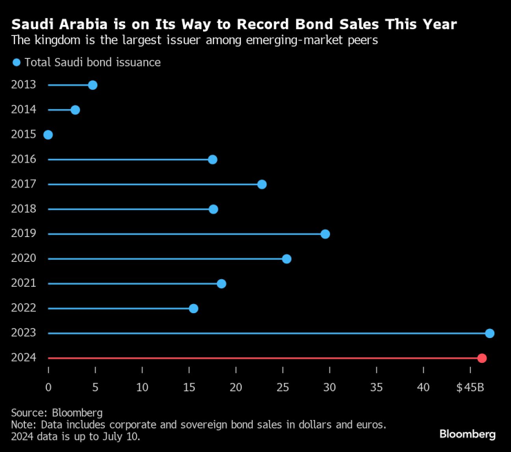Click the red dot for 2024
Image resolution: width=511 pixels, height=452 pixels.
(x=482, y=358)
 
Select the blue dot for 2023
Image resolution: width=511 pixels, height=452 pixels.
(x=490, y=333)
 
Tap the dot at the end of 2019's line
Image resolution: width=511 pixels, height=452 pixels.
(x=325, y=234)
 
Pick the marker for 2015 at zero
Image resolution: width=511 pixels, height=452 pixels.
(x=48, y=135)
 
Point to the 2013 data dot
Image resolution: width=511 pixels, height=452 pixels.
(x=93, y=85)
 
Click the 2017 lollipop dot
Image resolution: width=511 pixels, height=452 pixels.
(x=262, y=185)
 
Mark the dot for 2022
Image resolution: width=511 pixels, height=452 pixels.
(x=193, y=308)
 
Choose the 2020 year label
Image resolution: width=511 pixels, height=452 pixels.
(x=23, y=258)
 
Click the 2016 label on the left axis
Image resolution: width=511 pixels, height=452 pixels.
(x=23, y=160)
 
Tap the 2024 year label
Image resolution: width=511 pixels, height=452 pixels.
(x=23, y=358)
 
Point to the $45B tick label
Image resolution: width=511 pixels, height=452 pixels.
(x=470, y=388)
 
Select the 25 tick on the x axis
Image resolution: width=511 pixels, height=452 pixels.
(x=282, y=388)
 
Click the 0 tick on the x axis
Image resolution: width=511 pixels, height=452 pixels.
(x=48, y=388)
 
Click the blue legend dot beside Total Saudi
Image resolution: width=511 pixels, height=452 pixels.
(x=17, y=63)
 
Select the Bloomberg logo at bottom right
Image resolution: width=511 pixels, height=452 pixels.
(x=467, y=434)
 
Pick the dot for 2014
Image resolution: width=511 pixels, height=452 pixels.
(x=75, y=110)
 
